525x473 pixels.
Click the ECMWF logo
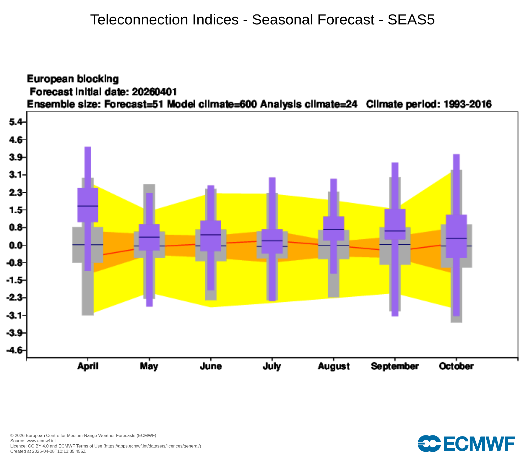(466, 444)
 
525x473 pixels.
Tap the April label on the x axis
(88, 366)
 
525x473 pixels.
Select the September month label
(395, 366)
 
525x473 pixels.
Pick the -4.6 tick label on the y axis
(13, 351)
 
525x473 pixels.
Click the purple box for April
(88, 205)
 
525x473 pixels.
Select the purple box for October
(456, 236)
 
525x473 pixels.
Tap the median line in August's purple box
(334, 229)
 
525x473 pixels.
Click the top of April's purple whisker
(88, 147)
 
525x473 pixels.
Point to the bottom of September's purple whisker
(395, 316)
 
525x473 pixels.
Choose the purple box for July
(272, 241)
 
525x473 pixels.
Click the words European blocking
(73, 79)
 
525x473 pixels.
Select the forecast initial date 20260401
(154, 92)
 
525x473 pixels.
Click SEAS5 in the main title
(411, 20)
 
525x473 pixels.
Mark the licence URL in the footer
(152, 446)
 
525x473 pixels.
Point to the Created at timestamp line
(48, 451)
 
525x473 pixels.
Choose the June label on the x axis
(211, 366)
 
